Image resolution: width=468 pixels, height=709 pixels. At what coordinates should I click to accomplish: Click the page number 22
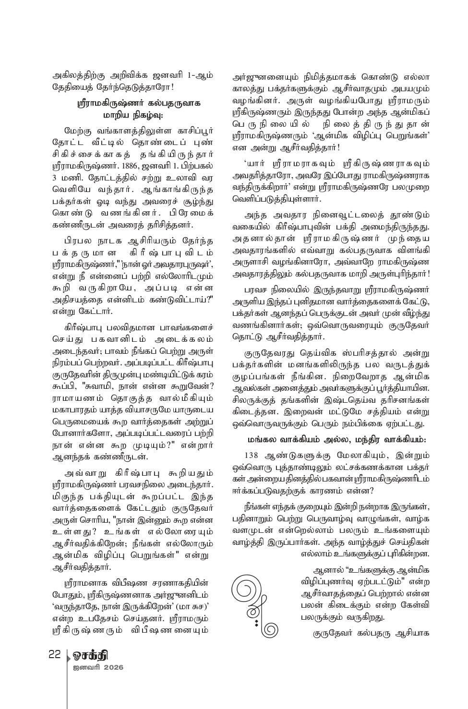[x=54, y=655]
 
